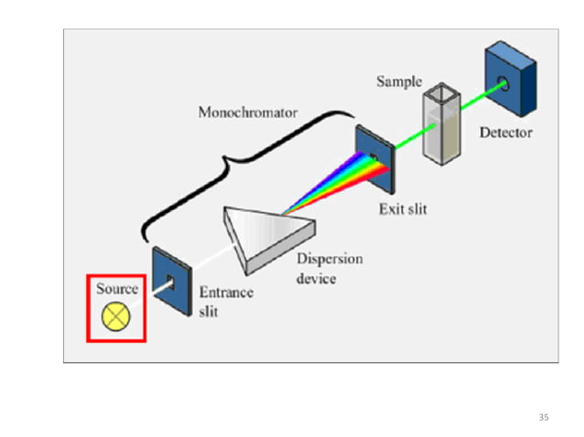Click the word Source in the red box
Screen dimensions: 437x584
pyautogui.click(x=117, y=290)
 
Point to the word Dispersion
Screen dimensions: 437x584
pyautogui.click(x=330, y=259)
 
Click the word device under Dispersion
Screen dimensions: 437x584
pyautogui.click(x=316, y=278)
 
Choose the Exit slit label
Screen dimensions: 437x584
pyautogui.click(x=403, y=208)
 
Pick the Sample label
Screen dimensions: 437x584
pyautogui.click(x=399, y=81)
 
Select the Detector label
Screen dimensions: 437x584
pyautogui.click(x=505, y=133)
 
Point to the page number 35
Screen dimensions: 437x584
pyautogui.click(x=544, y=417)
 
